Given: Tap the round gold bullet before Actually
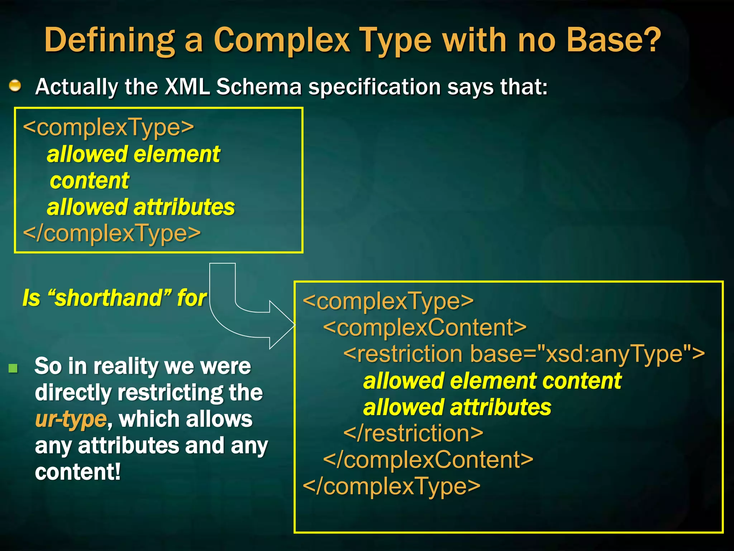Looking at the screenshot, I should [15, 86].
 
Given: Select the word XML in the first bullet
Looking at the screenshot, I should [187, 87].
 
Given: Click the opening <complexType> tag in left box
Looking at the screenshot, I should [108, 127].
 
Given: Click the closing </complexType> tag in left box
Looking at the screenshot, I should [112, 233].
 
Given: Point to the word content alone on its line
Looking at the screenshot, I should [90, 180].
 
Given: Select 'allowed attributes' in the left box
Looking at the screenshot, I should [141, 207].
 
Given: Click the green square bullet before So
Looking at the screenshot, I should [13, 368].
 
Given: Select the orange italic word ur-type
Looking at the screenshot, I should [71, 419].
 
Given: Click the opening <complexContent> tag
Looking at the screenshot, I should [425, 327].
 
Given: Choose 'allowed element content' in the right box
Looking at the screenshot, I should [492, 381].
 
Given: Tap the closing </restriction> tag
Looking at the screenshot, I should [413, 433].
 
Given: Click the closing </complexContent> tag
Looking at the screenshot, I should [428, 460].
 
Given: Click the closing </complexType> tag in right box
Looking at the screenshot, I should [391, 486].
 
